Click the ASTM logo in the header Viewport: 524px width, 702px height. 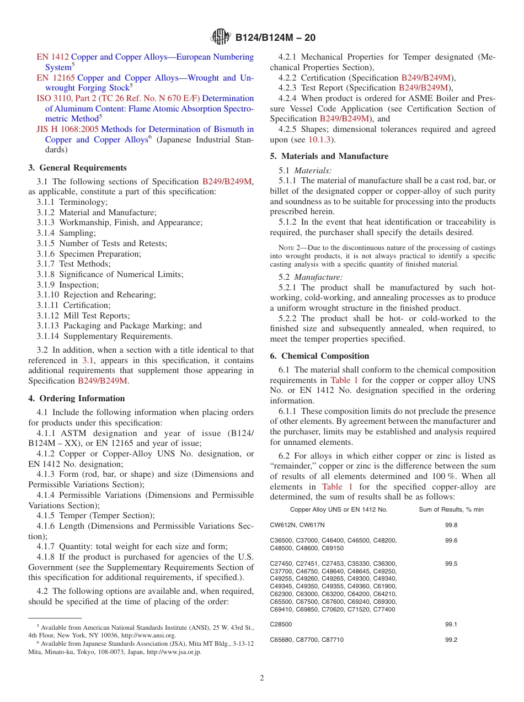tap(221, 38)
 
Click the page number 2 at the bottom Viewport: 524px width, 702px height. tap(262, 678)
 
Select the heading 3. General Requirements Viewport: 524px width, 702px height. tap(77, 168)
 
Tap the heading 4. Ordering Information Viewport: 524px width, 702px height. tap(77, 398)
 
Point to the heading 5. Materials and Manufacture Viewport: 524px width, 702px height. tap(329, 156)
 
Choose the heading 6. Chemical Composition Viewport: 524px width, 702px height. tap(319, 356)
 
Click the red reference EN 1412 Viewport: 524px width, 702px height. tap(52, 57)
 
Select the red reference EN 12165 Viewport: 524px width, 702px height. tap(55, 78)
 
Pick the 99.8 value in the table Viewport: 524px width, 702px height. tap(451, 525)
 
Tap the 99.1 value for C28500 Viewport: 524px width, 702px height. tap(451, 624)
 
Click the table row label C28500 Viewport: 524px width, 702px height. tap(281, 624)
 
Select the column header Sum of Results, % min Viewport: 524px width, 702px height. tap(451, 509)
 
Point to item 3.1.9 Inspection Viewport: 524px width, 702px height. tap(68, 285)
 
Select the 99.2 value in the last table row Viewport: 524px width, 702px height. tap(451, 640)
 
